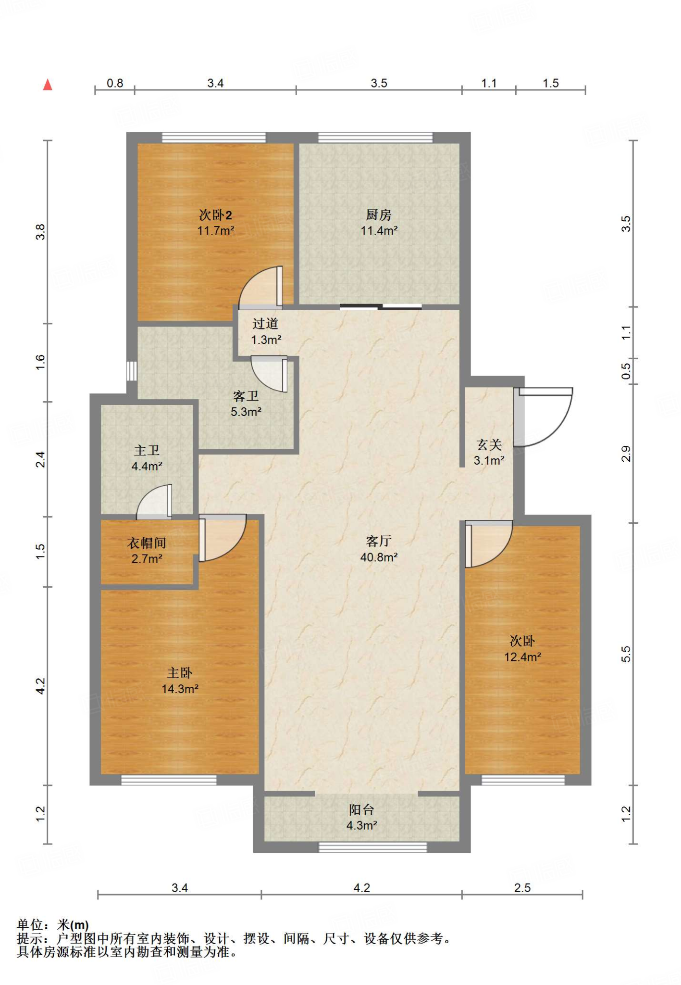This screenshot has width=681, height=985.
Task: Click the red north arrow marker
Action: tap(47, 85)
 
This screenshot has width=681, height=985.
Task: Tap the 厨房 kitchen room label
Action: tap(379, 215)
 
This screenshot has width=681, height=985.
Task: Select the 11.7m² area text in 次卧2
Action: tap(216, 230)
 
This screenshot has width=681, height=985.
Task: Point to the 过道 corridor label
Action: tap(265, 324)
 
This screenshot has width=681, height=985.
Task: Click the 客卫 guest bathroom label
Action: tap(246, 396)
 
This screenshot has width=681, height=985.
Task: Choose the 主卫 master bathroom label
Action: tap(147, 450)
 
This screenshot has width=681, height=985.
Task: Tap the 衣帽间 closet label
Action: tap(147, 543)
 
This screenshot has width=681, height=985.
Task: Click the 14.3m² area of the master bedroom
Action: tap(180, 689)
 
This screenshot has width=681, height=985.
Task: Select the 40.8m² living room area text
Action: tap(379, 557)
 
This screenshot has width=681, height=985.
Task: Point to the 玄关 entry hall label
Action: tap(489, 444)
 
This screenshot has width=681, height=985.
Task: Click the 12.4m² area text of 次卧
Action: tap(522, 657)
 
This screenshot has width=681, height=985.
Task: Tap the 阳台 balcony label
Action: tap(361, 809)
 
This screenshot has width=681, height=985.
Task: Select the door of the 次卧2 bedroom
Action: tap(260, 287)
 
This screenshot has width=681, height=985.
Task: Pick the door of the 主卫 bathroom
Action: tap(154, 502)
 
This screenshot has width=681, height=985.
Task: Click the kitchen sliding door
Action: tap(381, 306)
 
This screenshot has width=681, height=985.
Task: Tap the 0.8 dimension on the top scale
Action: tap(115, 83)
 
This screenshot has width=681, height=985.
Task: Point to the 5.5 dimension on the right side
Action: tap(626, 654)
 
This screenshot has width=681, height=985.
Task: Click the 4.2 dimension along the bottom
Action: tap(361, 887)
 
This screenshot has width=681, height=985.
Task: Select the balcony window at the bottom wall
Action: tap(372, 847)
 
